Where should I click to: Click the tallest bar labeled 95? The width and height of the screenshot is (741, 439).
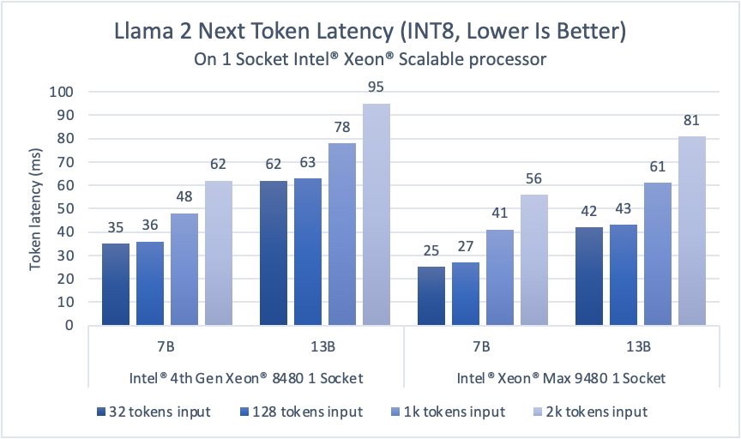coord(377,214)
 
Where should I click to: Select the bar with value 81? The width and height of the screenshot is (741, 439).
coord(692,231)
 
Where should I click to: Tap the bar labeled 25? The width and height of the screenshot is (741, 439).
coord(431,296)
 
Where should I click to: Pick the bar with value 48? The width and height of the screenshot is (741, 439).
coord(184,269)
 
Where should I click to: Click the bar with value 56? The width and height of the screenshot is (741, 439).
coord(534,260)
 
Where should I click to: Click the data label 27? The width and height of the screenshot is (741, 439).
coord(466,247)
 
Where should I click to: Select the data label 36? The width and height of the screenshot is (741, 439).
coord(150,226)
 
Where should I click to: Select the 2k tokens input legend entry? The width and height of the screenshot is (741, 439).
coord(570,411)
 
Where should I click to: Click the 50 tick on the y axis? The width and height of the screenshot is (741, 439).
coord(67,208)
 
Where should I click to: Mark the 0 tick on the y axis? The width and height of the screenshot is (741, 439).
coord(70,325)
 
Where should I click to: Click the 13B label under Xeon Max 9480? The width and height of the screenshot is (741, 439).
coord(639,347)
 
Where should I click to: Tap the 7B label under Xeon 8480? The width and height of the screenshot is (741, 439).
coord(167,347)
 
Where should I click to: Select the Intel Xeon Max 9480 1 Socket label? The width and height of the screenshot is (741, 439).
coord(561,377)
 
